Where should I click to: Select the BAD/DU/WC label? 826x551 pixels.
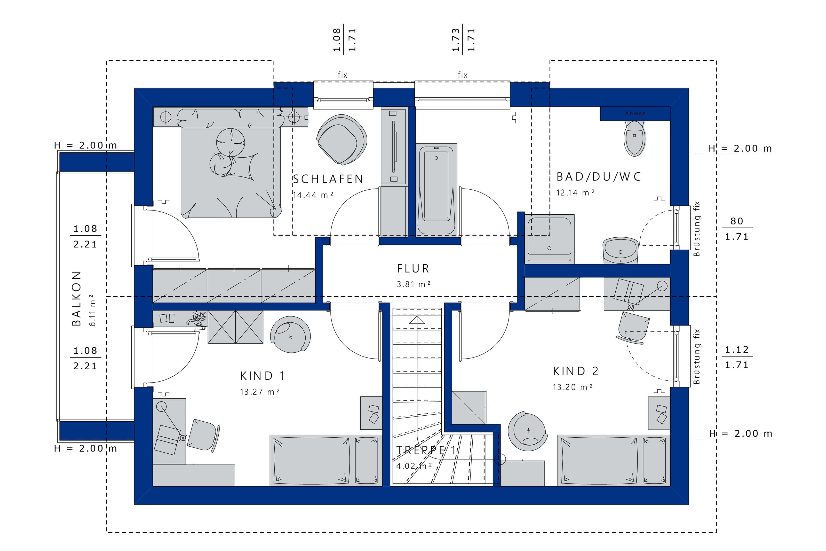[x=599, y=177]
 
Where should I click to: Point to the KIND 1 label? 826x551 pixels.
[x=262, y=376]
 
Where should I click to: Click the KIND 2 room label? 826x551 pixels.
[x=576, y=371]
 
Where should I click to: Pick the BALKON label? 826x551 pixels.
[x=76, y=299]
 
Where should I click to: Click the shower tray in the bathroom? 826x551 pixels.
[x=549, y=239]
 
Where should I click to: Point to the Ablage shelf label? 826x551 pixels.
[x=636, y=113]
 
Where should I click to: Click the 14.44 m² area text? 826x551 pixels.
[x=313, y=195]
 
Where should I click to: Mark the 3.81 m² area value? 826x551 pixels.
[x=414, y=284]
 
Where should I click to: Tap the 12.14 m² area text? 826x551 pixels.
[x=575, y=192]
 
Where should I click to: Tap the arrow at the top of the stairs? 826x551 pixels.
[x=417, y=320]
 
